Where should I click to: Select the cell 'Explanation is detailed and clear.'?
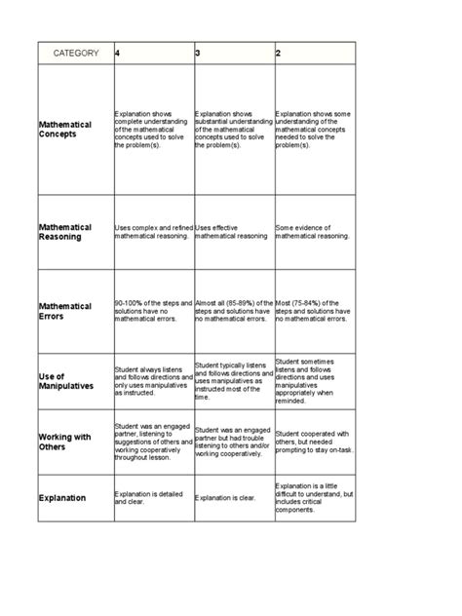coord(152,498)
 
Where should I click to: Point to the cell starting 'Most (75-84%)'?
coord(314,311)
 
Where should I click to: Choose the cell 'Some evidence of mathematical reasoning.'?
coord(314,232)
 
